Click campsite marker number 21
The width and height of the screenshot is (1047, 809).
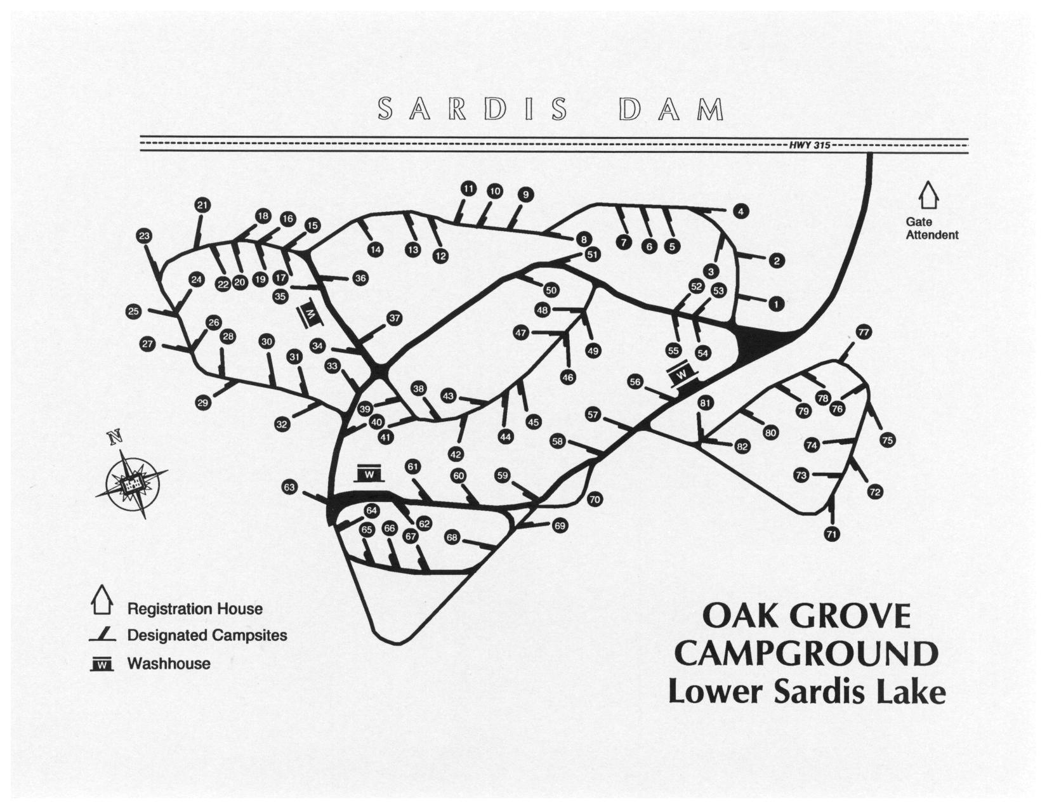tap(202, 205)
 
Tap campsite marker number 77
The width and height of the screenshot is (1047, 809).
tap(864, 332)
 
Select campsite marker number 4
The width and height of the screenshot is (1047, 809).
tap(741, 212)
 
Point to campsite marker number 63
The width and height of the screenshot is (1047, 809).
tap(289, 487)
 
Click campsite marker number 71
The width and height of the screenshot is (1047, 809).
tap(832, 534)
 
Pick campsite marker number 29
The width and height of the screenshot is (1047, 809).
tap(203, 403)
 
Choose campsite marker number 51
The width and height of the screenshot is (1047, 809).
tap(593, 254)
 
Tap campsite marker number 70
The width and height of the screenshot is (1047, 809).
tap(594, 499)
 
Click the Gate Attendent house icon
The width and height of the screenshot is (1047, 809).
tap(930, 195)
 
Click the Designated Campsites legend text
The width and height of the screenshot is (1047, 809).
tap(207, 635)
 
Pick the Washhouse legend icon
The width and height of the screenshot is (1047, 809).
tap(103, 664)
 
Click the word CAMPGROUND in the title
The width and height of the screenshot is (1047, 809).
tap(805, 654)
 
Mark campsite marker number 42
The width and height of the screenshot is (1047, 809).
tap(456, 454)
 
